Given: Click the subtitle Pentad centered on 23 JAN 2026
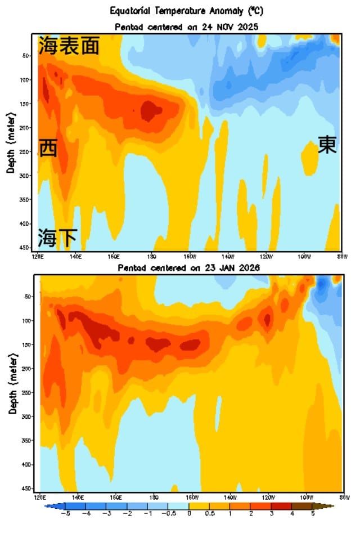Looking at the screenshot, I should [x=188, y=268].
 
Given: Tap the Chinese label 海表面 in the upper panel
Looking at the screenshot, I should [x=69, y=46].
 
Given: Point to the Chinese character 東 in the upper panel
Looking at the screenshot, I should [x=327, y=145].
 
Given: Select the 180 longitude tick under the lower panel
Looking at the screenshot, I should [x=153, y=498].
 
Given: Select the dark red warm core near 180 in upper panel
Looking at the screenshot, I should [x=148, y=110].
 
